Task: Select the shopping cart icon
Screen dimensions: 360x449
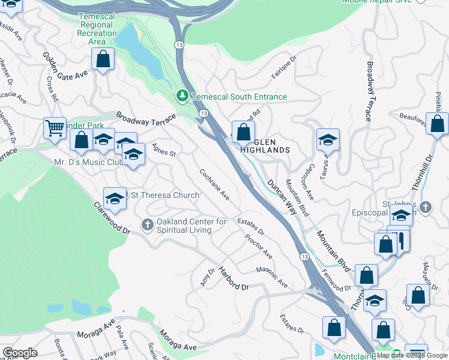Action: [x=55, y=128]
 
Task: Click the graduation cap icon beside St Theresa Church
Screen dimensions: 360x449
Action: [x=115, y=198]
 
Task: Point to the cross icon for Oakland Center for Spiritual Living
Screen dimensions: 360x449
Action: [x=148, y=225]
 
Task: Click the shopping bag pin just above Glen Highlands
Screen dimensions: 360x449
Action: [x=243, y=131]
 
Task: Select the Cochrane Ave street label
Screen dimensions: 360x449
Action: [x=215, y=184]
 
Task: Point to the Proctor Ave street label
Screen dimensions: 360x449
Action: [x=259, y=247]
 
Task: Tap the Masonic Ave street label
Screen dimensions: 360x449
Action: [x=272, y=276]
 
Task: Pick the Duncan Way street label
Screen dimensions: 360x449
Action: [x=282, y=197]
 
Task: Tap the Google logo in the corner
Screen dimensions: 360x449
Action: [x=20, y=352]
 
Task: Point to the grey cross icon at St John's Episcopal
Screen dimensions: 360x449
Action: [x=426, y=207]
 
